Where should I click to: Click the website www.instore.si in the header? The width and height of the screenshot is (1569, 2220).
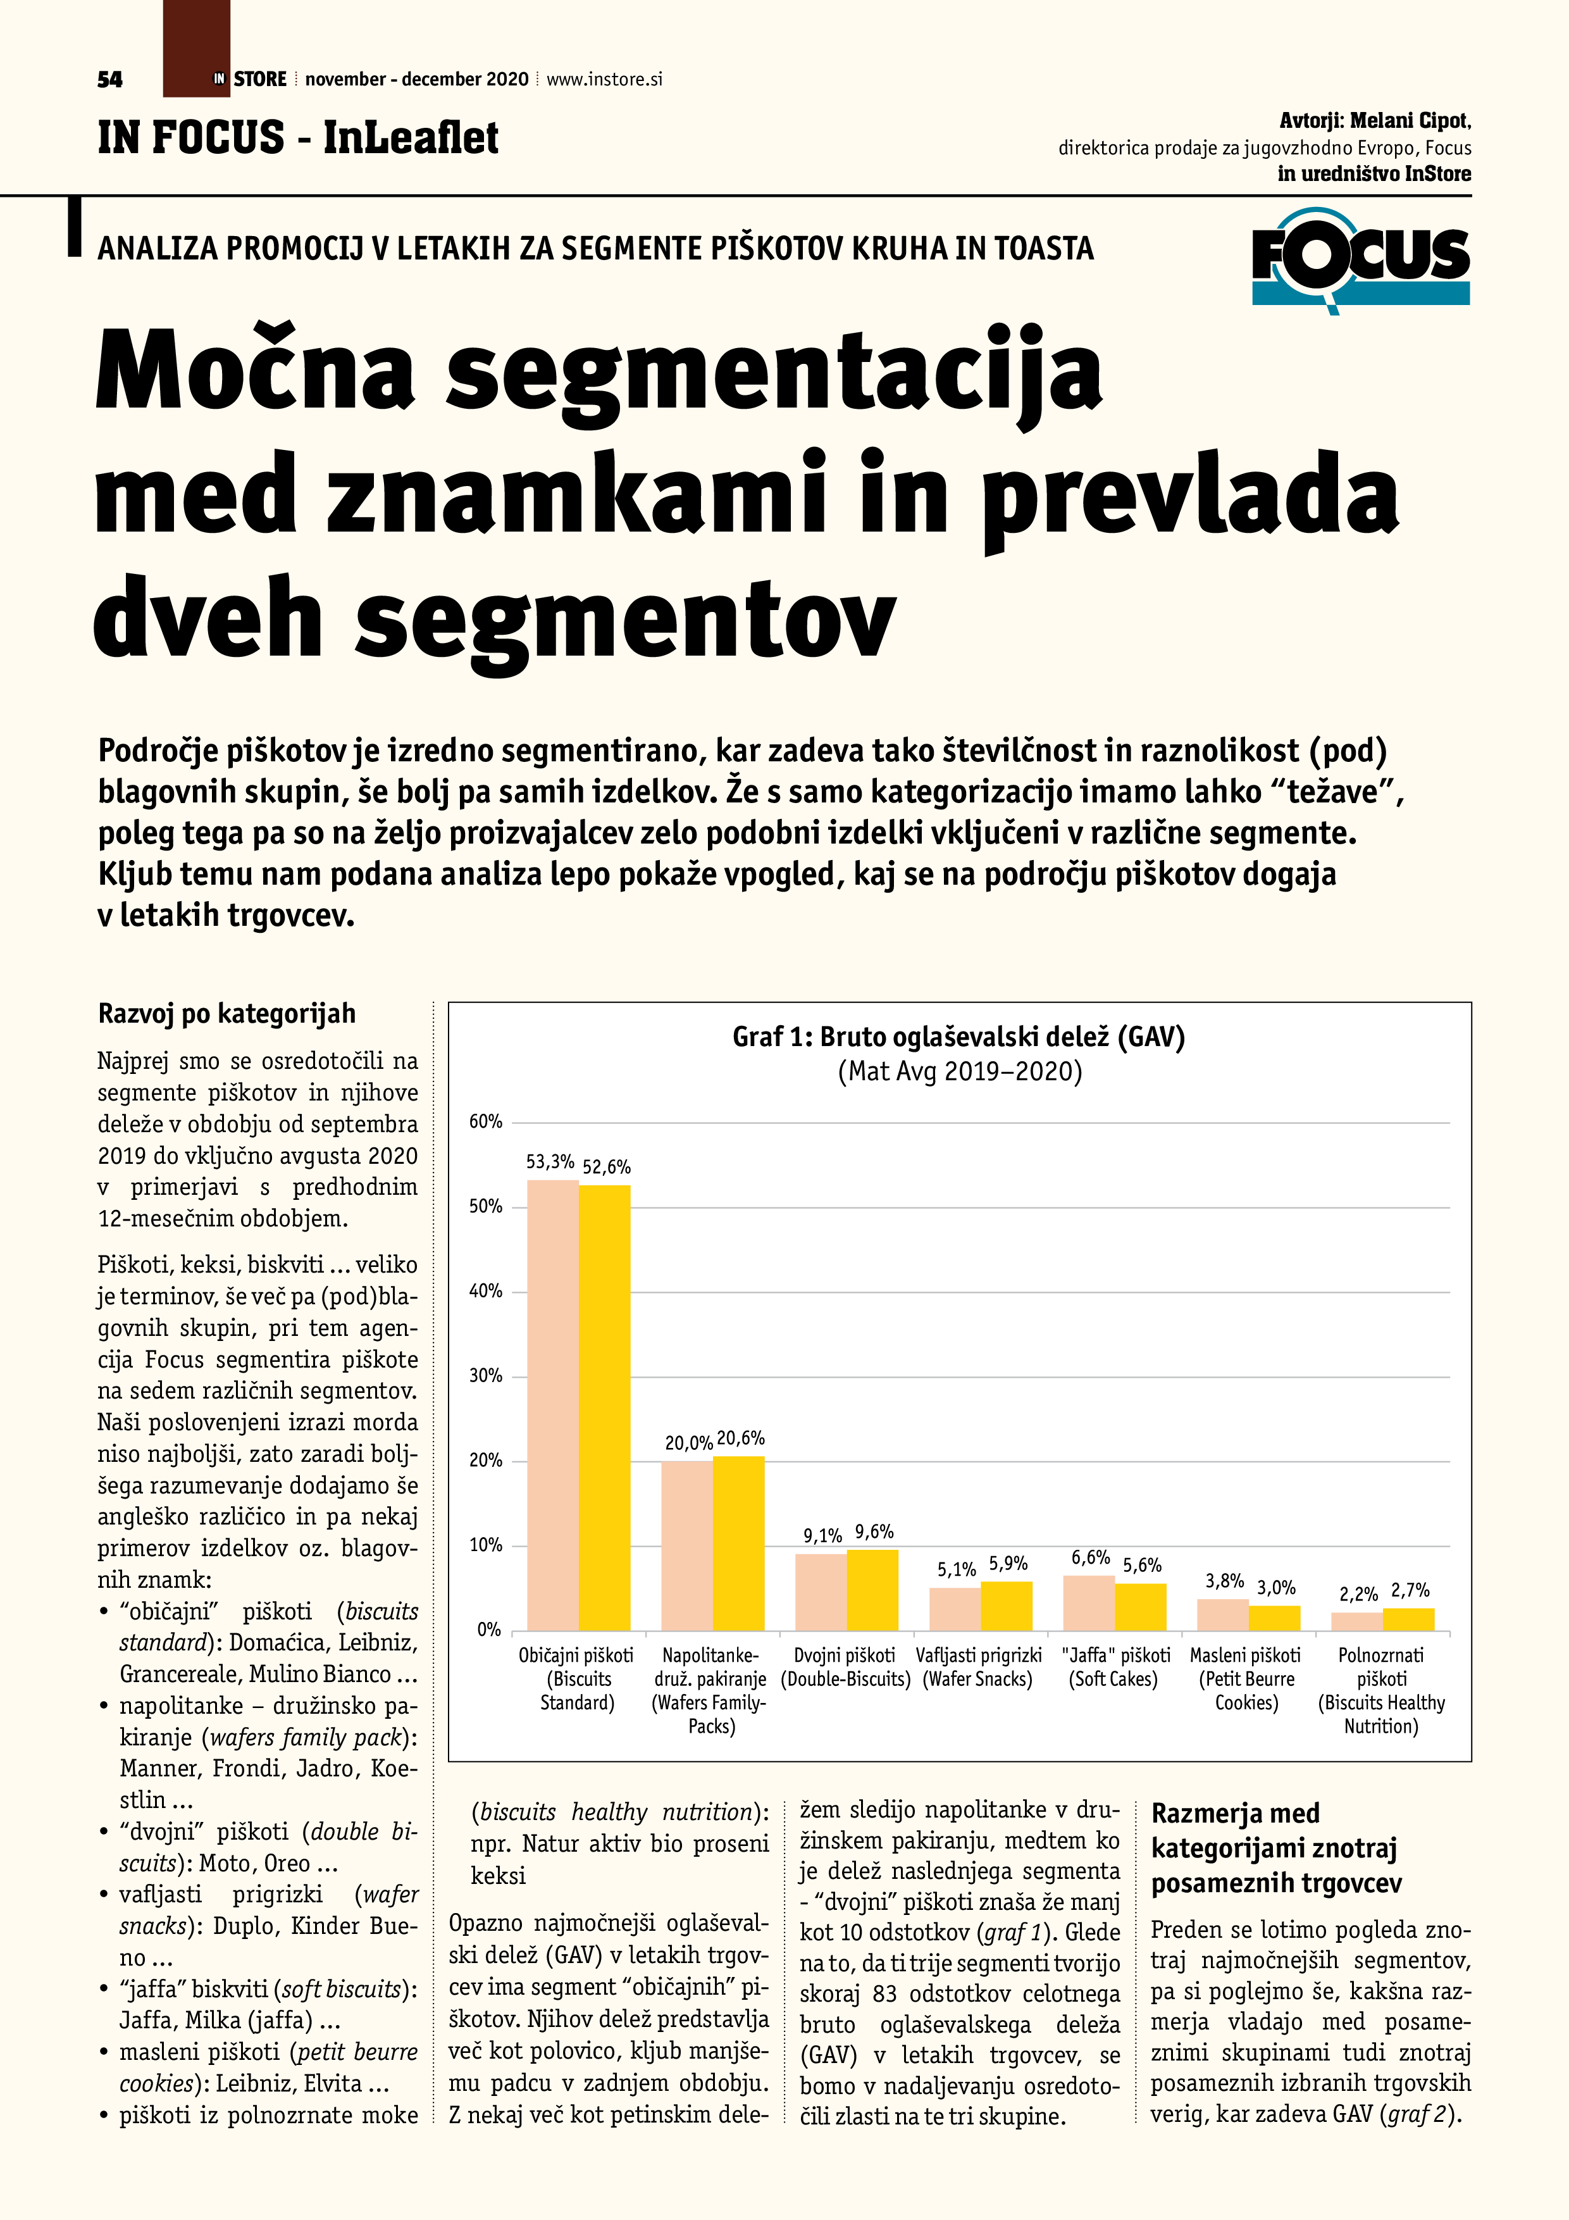[604, 79]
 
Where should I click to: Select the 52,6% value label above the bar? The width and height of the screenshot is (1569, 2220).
[606, 1167]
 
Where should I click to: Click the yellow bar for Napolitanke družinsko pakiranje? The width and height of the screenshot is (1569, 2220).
[738, 1542]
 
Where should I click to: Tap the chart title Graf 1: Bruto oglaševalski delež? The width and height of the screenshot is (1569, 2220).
[958, 1037]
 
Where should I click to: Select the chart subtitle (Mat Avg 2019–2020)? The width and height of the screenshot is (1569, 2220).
[959, 1071]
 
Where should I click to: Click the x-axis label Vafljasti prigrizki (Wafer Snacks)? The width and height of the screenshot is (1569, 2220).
[978, 1667]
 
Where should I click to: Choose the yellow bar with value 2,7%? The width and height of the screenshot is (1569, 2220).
[1408, 1619]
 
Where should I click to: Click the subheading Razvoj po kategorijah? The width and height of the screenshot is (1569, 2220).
[227, 1013]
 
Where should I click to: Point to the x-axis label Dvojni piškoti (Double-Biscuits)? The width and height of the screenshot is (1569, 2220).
[845, 1667]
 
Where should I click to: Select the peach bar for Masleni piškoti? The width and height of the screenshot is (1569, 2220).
[1223, 1615]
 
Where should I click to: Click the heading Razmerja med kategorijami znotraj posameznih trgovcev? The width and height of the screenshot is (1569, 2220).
[1276, 1848]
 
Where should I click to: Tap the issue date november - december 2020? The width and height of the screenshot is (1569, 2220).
[417, 79]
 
